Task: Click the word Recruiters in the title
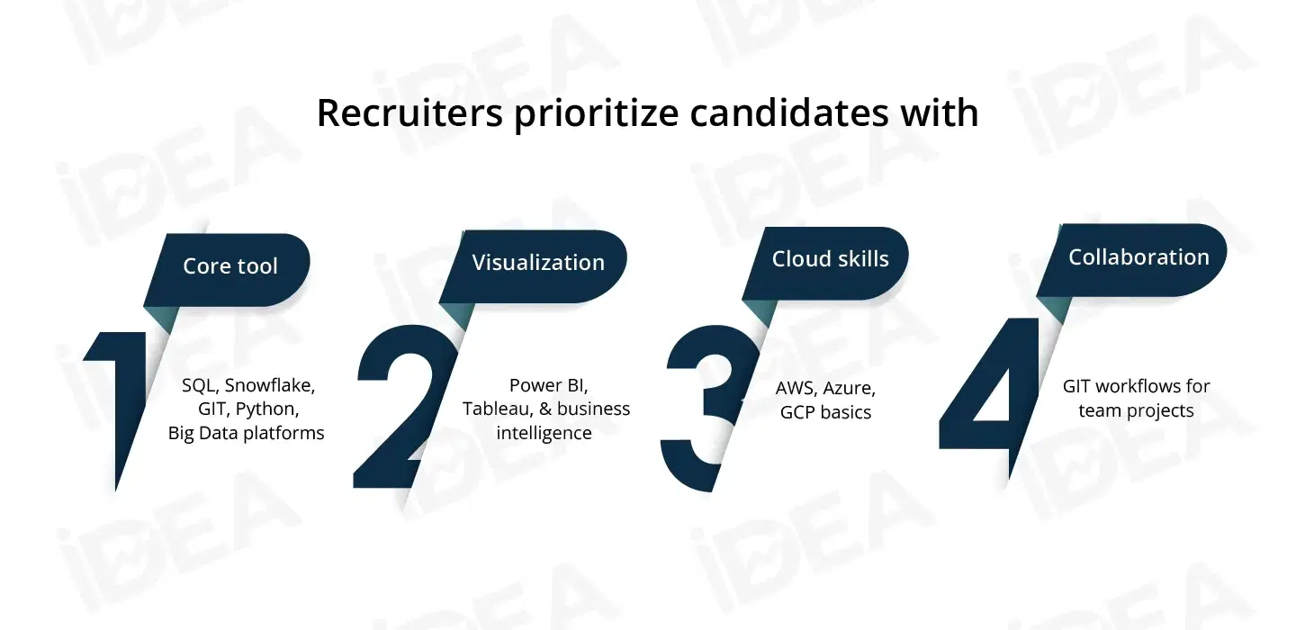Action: click(x=409, y=112)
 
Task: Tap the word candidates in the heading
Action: click(x=789, y=112)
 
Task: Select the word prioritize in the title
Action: click(x=596, y=114)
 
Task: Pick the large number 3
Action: click(x=709, y=408)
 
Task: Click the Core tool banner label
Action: click(x=230, y=266)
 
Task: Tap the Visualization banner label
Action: click(x=538, y=263)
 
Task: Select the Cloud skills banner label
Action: click(x=830, y=258)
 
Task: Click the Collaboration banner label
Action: click(x=1138, y=256)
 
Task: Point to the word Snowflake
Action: click(x=270, y=385)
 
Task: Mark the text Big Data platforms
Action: click(x=246, y=433)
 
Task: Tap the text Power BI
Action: click(x=548, y=385)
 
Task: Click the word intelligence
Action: click(x=544, y=433)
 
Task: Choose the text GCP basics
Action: click(x=825, y=412)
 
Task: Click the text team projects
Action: click(x=1136, y=410)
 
